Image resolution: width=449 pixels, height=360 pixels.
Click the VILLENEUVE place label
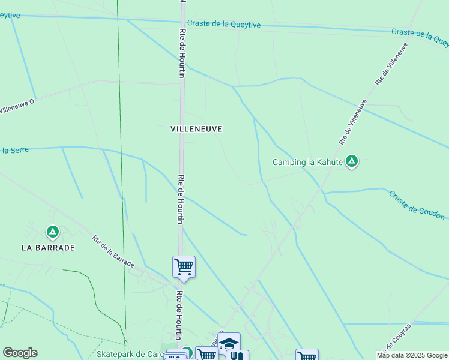click(x=196, y=129)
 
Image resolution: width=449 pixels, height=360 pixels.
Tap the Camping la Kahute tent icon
click(x=352, y=161)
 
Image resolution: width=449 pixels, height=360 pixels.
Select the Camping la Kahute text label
click(x=307, y=162)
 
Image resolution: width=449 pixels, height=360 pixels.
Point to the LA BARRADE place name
click(x=48, y=247)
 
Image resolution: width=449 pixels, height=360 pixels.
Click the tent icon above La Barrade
click(x=53, y=232)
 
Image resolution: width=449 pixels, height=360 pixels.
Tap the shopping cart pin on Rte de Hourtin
click(x=184, y=266)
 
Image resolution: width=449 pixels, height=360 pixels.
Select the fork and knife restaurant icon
click(x=237, y=356)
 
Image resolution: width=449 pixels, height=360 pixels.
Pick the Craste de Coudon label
click(x=417, y=205)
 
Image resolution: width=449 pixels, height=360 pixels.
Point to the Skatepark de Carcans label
click(x=130, y=355)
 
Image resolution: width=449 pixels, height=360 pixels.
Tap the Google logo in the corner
click(x=20, y=353)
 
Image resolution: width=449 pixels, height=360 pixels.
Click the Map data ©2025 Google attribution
click(x=412, y=355)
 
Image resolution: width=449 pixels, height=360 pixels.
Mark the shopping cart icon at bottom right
click(x=307, y=356)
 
